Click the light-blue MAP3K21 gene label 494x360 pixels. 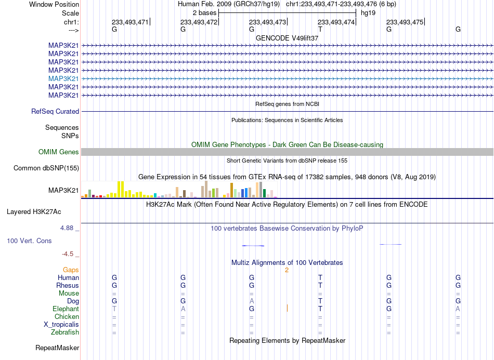pyautogui.click(x=63, y=78)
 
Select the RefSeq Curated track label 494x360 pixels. pyautogui.click(x=55, y=111)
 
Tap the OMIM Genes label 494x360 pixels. pyautogui.click(x=59, y=152)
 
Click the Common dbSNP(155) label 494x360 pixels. pyautogui.click(x=46, y=168)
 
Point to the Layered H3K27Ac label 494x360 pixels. pyautogui.click(x=34, y=212)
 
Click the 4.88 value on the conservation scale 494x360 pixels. pyautogui.click(x=67, y=228)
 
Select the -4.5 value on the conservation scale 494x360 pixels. pyautogui.click(x=68, y=254)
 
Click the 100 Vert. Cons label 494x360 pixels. pyautogui.click(x=29, y=241)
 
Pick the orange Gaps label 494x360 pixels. pyautogui.click(x=71, y=270)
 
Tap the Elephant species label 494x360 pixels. pyautogui.click(x=66, y=309)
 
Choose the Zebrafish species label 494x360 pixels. pyautogui.click(x=65, y=332)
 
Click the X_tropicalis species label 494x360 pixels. pyautogui.click(x=61, y=325)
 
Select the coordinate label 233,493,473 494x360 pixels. pyautogui.click(x=267, y=22)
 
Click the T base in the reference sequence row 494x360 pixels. pyautogui.click(x=320, y=29)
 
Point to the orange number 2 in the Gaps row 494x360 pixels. pyautogui.click(x=287, y=270)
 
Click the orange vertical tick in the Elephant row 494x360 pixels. pyautogui.click(x=287, y=308)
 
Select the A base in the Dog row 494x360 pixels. pyautogui.click(x=251, y=301)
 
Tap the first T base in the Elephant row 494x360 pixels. pyautogui.click(x=114, y=309)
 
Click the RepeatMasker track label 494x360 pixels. pyautogui.click(x=57, y=348)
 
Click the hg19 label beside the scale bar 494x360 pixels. pyautogui.click(x=368, y=13)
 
